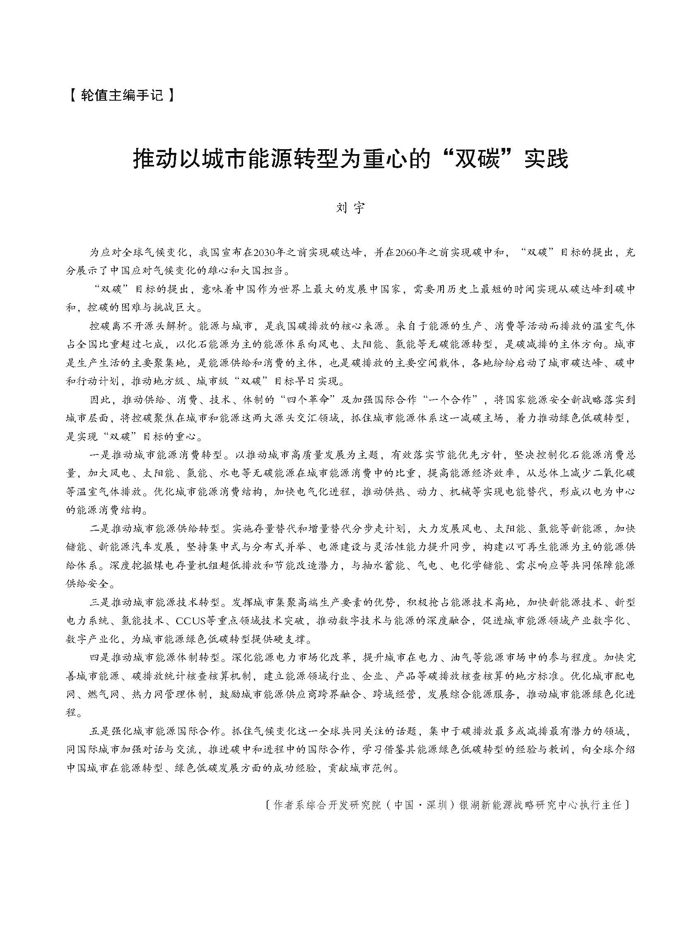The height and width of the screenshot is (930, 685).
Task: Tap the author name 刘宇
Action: [x=350, y=207]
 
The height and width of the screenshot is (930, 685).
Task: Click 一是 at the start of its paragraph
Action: [x=100, y=455]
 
